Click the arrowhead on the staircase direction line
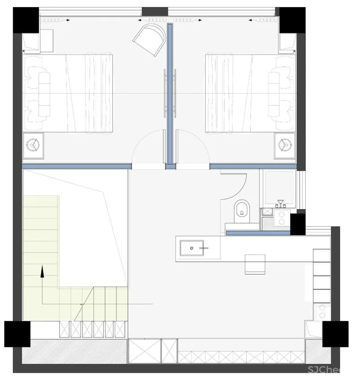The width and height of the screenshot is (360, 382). (41, 270)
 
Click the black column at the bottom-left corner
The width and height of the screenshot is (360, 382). (17, 333)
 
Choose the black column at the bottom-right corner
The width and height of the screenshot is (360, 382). (335, 333)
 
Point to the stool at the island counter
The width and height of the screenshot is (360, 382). (255, 264)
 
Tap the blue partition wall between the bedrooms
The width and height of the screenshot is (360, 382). (170, 94)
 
